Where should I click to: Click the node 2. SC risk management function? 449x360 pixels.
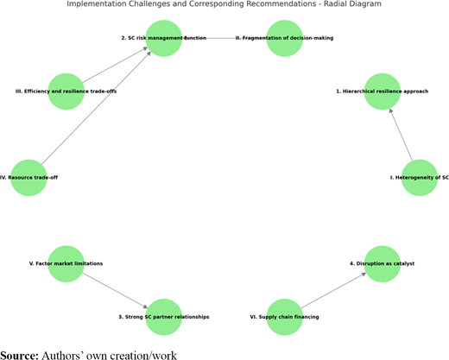coord(164,38)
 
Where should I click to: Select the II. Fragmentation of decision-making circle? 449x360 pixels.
coord(285,38)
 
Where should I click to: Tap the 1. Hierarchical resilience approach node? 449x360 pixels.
coord(383,92)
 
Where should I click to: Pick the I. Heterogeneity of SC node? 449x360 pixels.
coord(420,178)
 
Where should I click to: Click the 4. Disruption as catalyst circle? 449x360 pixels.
coord(383,264)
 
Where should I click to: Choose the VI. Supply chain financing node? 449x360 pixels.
coord(285,317)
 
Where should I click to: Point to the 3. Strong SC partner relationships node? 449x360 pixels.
coord(164,317)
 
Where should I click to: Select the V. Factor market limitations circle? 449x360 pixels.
coord(66,264)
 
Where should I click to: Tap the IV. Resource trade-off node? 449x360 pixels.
coord(28,178)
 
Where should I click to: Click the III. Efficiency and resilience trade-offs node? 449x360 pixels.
coord(66,92)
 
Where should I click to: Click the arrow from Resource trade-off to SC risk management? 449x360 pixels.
coord(96,108)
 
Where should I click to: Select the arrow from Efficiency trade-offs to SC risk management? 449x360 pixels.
coord(115,65)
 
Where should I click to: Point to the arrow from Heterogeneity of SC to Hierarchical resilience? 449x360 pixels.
coord(401,135)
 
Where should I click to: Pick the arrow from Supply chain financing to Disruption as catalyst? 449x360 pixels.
coord(333,291)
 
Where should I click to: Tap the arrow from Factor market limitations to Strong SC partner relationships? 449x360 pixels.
coord(115,291)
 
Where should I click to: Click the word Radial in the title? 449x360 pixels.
coord(340,3)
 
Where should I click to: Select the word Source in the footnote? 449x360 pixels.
coord(19,356)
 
